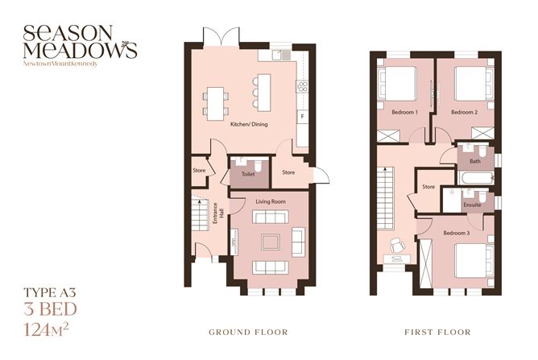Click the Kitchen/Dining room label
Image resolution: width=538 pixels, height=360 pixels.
point(249,124)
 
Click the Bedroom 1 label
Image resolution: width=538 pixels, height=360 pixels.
point(405,111)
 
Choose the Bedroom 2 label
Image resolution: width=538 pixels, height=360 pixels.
point(465,111)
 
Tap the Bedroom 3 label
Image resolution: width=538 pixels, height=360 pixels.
point(455,233)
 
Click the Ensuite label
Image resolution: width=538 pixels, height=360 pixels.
point(473,204)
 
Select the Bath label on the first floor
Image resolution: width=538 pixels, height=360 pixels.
point(475,162)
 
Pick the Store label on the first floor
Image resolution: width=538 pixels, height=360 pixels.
point(428,187)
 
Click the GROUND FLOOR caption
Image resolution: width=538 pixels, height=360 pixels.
point(247,332)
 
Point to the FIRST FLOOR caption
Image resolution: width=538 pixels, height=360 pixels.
point(438,332)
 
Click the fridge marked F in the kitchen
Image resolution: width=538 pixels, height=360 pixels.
point(303,116)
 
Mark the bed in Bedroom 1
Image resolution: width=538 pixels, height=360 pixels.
point(399,81)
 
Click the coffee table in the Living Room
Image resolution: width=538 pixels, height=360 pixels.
point(270,240)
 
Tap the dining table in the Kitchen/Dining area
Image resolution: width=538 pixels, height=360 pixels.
point(215,98)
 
